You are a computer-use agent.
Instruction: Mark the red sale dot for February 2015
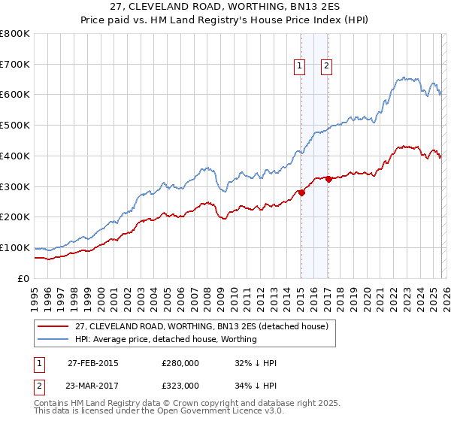tap(301, 192)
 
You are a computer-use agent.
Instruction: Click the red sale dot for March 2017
tap(329, 179)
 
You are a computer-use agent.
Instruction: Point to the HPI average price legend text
tap(165, 340)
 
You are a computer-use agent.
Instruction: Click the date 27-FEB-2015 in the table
tap(92, 363)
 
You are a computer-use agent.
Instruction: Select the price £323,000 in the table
tap(180, 386)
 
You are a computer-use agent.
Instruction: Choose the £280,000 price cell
tap(180, 363)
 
